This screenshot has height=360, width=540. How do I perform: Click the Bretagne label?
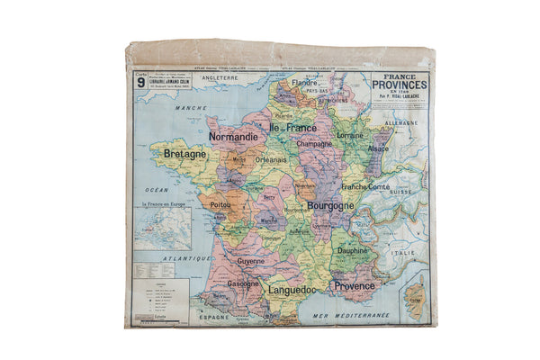[x=185, y=154]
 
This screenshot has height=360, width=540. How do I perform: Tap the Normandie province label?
[x=233, y=137]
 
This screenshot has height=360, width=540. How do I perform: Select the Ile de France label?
[x=292, y=128]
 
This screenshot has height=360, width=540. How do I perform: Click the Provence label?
[x=355, y=285]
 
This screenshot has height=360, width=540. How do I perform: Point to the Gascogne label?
[x=243, y=283]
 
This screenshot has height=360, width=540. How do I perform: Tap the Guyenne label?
[x=251, y=261]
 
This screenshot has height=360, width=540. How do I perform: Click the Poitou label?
[x=220, y=205]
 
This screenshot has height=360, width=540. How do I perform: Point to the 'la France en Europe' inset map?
[x=163, y=228]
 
